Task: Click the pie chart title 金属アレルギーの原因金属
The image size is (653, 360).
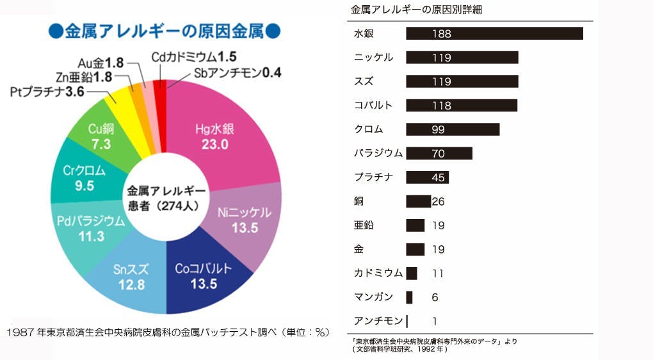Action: (x=165, y=31)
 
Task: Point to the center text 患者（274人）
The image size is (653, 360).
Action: (x=166, y=206)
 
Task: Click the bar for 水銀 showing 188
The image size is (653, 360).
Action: (x=494, y=33)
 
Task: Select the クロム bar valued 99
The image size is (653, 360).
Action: (x=453, y=129)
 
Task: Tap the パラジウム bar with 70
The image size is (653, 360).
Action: (x=439, y=153)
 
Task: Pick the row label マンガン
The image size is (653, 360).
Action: (x=373, y=297)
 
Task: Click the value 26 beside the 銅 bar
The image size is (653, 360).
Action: (x=438, y=202)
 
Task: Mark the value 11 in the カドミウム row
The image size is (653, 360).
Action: (x=438, y=274)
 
